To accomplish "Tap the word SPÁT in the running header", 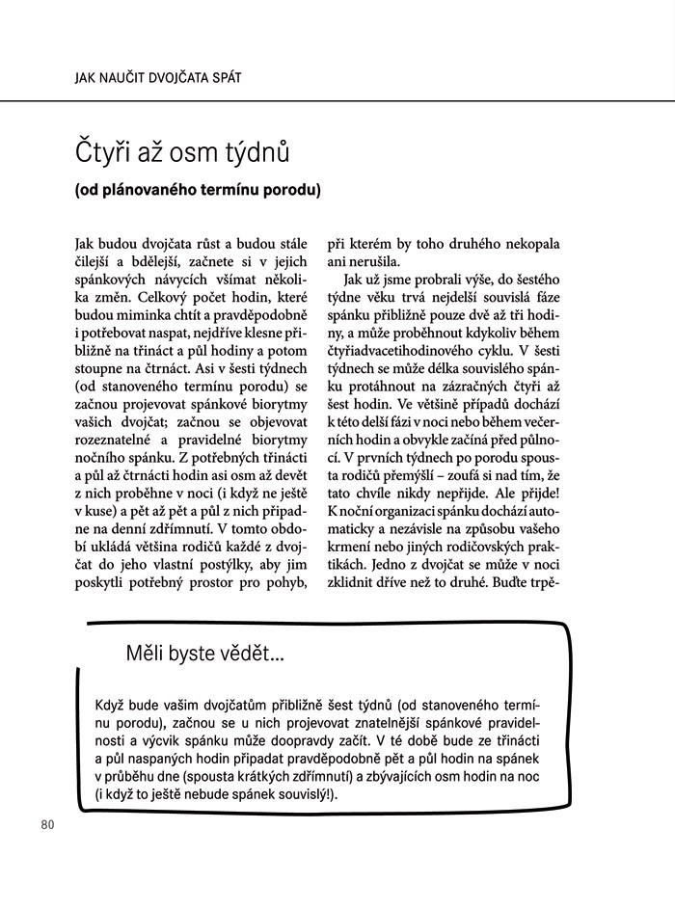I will (x=247, y=75).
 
